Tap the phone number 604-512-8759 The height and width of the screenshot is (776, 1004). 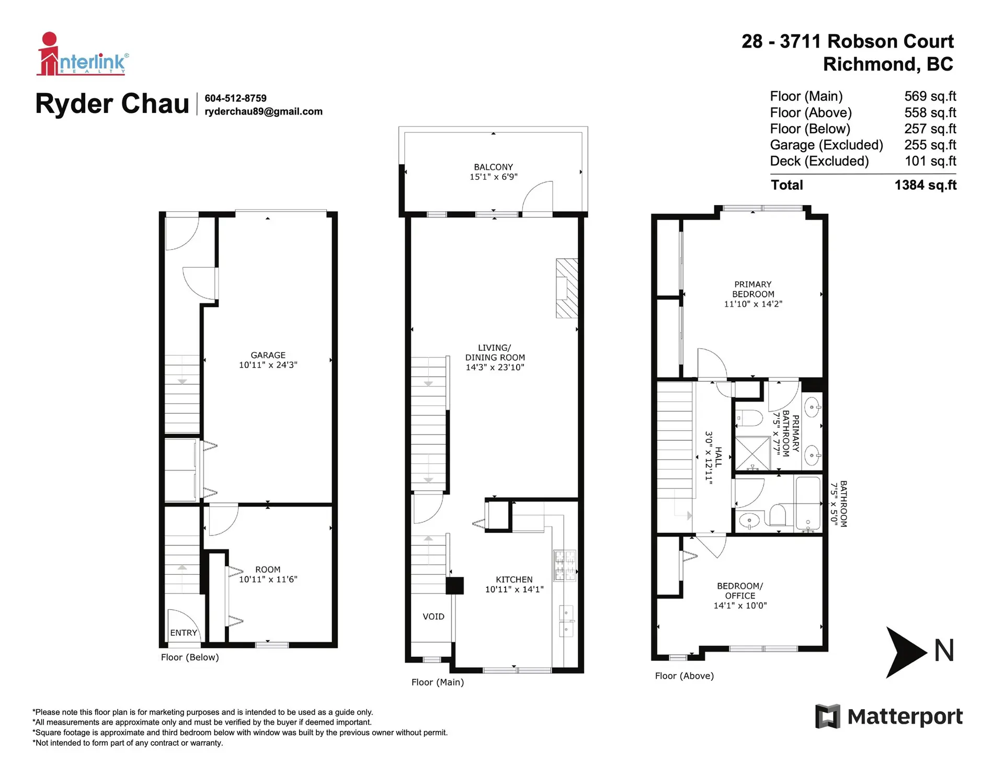[235, 98]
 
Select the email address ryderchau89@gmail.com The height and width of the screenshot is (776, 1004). [264, 111]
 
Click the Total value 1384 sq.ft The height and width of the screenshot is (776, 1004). [925, 185]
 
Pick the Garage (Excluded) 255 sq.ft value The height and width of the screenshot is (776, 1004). [930, 145]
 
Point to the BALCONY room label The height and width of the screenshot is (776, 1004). [493, 167]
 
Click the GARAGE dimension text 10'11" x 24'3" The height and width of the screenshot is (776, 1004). [268, 365]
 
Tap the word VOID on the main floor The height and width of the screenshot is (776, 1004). [433, 617]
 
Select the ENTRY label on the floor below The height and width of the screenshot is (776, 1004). [184, 633]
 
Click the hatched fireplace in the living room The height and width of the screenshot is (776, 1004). [567, 288]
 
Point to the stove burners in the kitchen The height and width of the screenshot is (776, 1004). [565, 565]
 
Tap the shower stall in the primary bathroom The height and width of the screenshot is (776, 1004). [752, 453]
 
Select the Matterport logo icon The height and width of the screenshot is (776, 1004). [827, 716]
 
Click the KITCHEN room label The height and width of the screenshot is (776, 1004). [514, 579]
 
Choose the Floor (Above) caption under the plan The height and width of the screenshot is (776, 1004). [684, 676]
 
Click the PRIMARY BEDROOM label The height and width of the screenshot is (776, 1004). [753, 289]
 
